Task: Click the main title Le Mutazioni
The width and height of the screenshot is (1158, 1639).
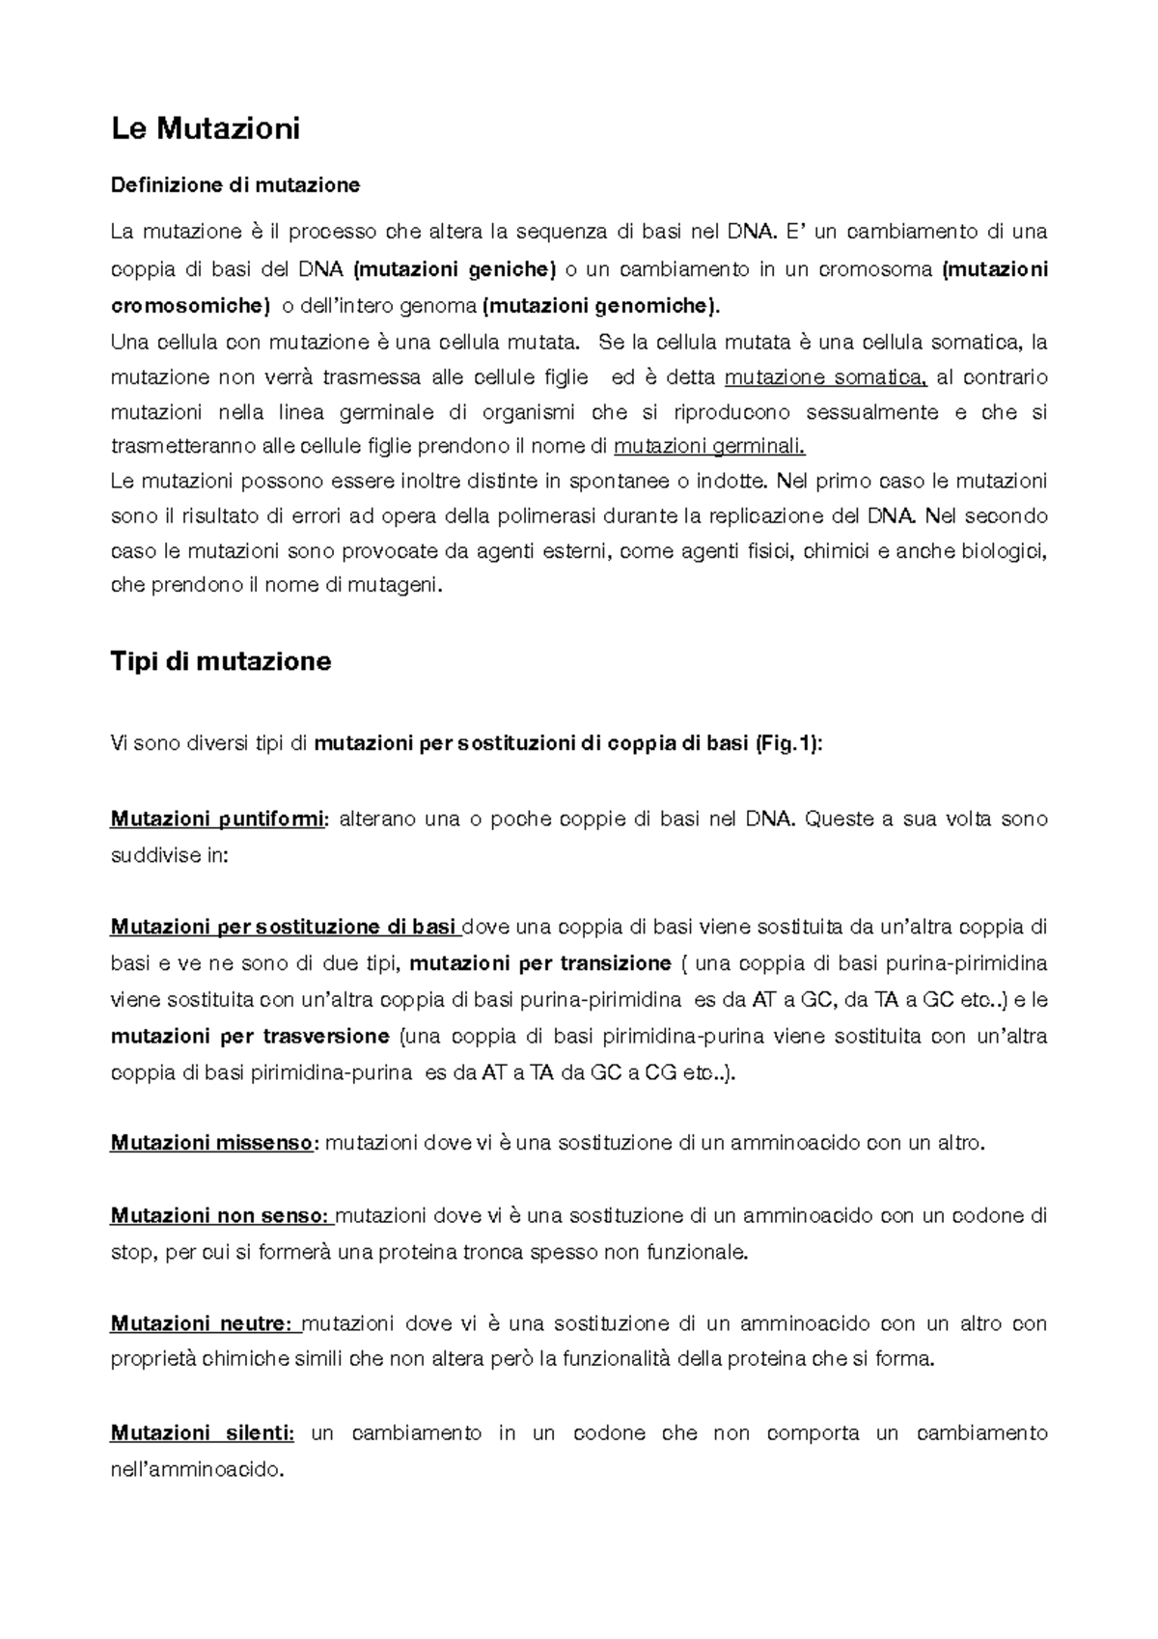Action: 206,127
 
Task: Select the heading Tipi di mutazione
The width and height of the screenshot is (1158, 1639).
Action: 221,661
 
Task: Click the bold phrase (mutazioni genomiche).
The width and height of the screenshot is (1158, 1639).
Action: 600,306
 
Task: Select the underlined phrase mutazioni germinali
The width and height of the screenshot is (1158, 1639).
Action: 709,447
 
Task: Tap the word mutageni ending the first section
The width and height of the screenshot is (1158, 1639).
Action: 398,585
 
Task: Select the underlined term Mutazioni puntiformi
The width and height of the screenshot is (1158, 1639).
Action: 219,819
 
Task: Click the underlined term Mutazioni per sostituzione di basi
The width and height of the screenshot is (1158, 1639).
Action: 284,928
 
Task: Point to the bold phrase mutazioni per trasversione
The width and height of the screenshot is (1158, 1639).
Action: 250,1037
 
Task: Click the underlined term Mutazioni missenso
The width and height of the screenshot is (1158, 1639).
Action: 212,1144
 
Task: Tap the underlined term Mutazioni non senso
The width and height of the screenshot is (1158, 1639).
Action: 220,1216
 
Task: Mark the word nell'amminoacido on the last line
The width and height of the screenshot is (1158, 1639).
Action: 199,1470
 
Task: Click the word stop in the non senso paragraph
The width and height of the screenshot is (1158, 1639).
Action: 131,1253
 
